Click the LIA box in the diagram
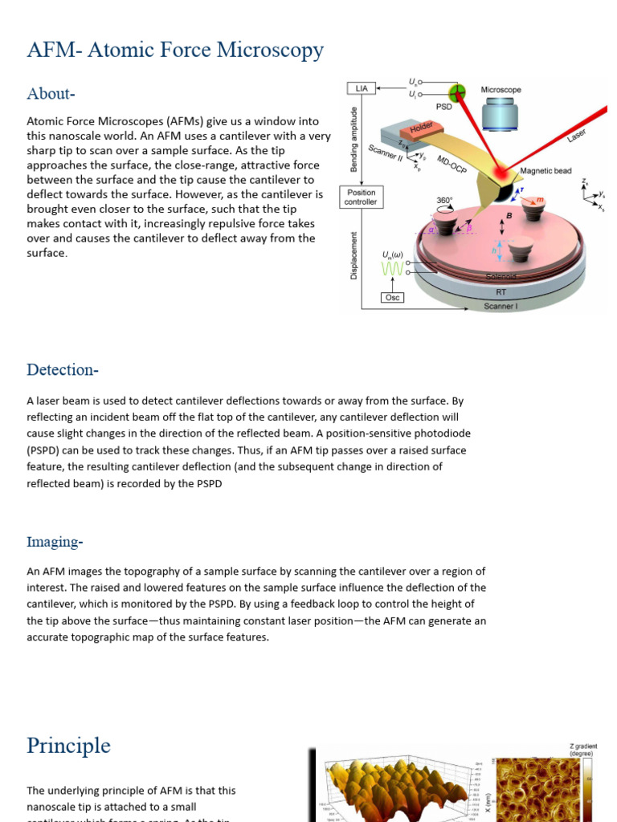pyautogui.click(x=361, y=87)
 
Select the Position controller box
pyautogui.click(x=361, y=197)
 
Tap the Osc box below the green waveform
pyautogui.click(x=393, y=297)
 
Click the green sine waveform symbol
pyautogui.click(x=393, y=270)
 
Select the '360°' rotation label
pyautogui.click(x=445, y=201)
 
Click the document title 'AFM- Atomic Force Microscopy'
pyautogui.click(x=175, y=51)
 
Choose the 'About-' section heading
pyautogui.click(x=51, y=94)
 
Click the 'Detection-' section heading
pyautogui.click(x=63, y=370)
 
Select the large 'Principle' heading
pyautogui.click(x=68, y=746)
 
